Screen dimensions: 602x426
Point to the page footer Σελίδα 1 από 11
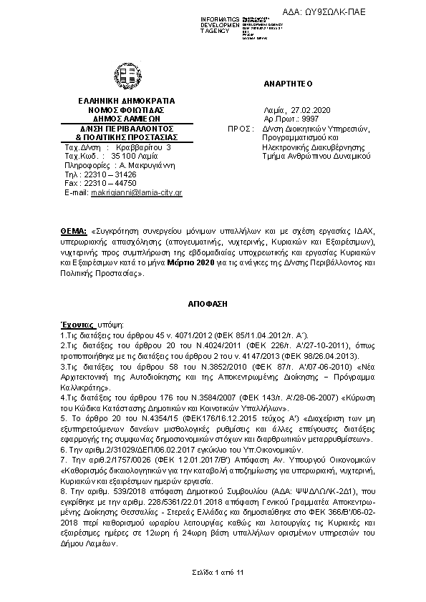tap(213, 573)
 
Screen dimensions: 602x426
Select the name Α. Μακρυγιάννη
tap(141, 164)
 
